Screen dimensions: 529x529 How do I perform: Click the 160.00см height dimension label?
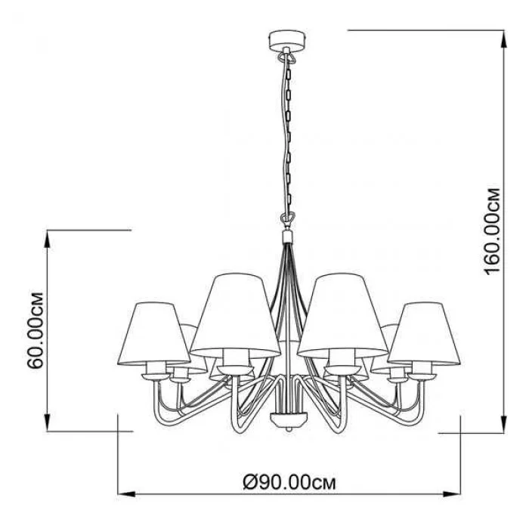[492, 231]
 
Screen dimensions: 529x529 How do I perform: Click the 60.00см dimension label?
[35, 330]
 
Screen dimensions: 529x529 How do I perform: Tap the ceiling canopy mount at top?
[287, 39]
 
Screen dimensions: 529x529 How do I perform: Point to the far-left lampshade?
[154, 334]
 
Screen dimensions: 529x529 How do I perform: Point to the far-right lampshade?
[424, 334]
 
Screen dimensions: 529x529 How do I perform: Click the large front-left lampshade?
[236, 315]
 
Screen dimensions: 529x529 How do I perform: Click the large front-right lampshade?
[342, 315]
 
